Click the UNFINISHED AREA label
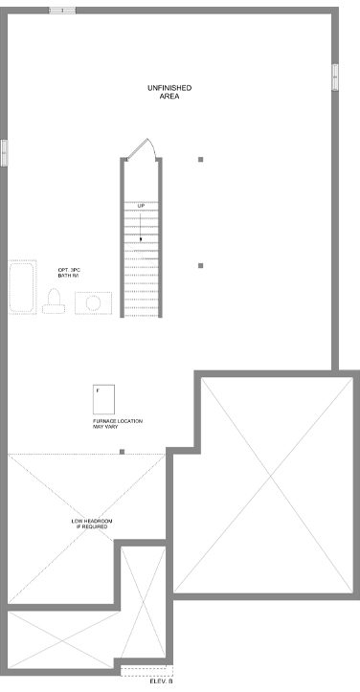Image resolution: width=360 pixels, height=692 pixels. click(169, 92)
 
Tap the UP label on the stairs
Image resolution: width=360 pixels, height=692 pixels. click(141, 206)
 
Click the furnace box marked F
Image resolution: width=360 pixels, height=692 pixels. click(103, 399)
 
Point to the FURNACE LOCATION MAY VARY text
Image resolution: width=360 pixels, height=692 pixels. click(118, 424)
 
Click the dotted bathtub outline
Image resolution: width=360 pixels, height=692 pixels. click(22, 287)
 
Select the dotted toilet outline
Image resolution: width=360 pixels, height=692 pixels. click(54, 301)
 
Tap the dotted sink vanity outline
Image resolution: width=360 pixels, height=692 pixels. click(93, 303)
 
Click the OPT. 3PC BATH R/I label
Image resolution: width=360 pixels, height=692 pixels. click(69, 273)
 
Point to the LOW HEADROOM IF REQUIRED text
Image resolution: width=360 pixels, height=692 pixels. click(92, 524)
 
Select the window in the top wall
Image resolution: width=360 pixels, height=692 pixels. click(62, 11)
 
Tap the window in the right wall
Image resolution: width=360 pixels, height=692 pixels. click(335, 78)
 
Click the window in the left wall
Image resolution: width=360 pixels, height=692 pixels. click(4, 153)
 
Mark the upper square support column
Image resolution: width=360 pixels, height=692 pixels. click(200, 159)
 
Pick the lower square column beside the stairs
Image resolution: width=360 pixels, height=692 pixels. click(200, 266)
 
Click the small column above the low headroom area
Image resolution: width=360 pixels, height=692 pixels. click(122, 452)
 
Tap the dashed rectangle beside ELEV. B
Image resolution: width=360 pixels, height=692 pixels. click(146, 671)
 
